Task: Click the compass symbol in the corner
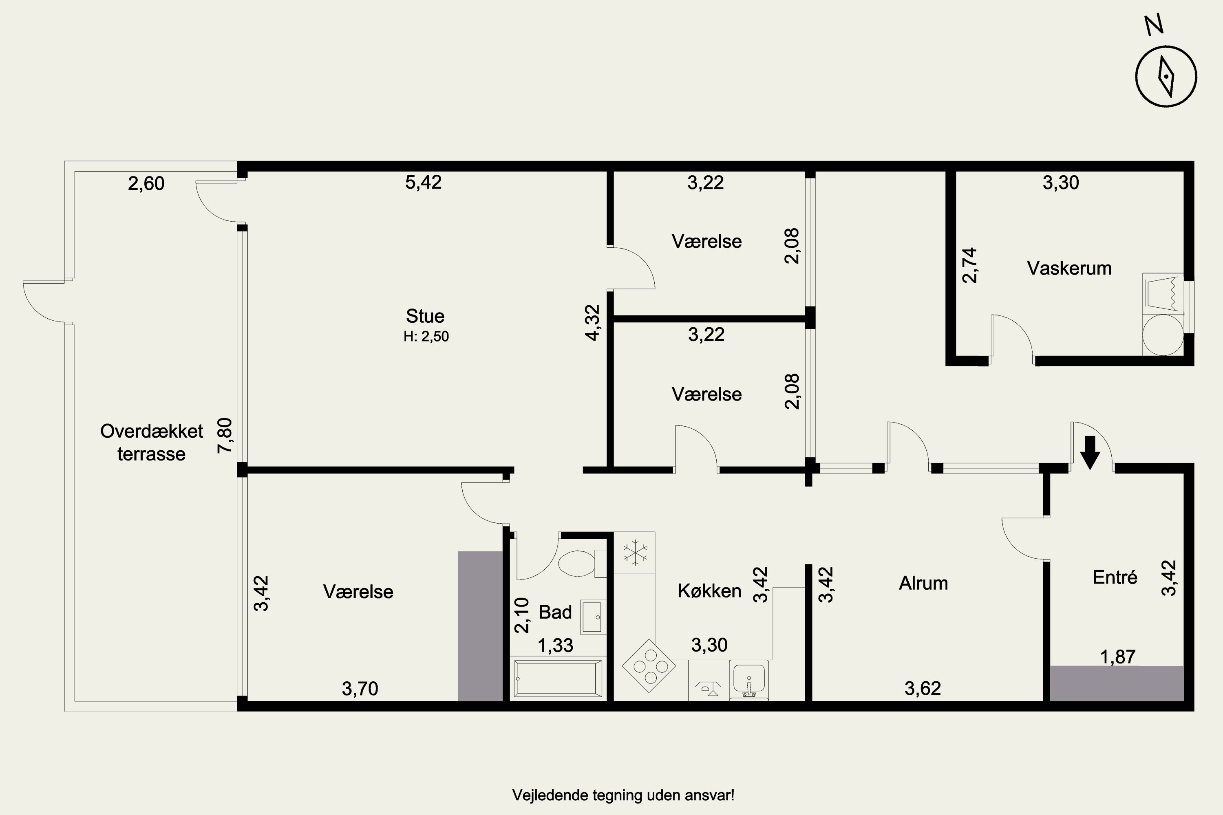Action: click(x=1166, y=77)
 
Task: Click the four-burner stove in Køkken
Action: click(x=649, y=666)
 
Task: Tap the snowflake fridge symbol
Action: click(x=635, y=553)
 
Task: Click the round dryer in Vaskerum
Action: click(x=1163, y=334)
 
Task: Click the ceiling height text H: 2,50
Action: click(x=426, y=336)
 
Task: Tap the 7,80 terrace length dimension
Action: click(x=225, y=436)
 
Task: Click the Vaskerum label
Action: click(x=1069, y=268)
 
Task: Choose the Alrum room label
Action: click(x=923, y=583)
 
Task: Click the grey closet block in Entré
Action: click(x=1117, y=683)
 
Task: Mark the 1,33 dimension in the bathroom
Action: click(x=555, y=645)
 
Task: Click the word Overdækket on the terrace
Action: click(x=151, y=432)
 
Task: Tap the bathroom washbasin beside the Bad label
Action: click(x=593, y=617)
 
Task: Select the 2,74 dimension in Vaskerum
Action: click(x=970, y=266)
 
